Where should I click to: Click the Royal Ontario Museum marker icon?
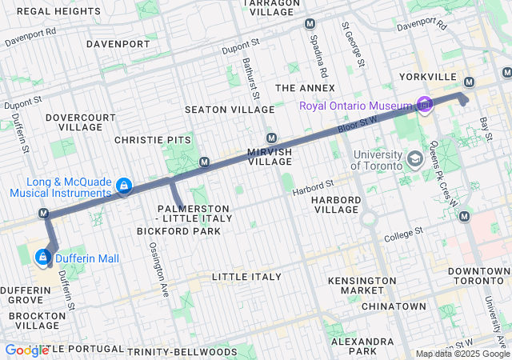tap(424, 106)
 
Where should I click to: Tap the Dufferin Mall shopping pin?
tap(43, 258)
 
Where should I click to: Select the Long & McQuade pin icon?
tap(124, 186)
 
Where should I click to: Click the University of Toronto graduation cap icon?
tap(414, 158)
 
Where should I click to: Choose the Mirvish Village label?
tap(270, 156)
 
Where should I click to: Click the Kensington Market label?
tap(362, 286)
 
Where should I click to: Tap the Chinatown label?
tap(394, 306)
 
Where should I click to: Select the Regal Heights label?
tap(54, 11)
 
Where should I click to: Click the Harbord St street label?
tap(312, 190)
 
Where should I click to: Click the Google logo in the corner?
tap(26, 350)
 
